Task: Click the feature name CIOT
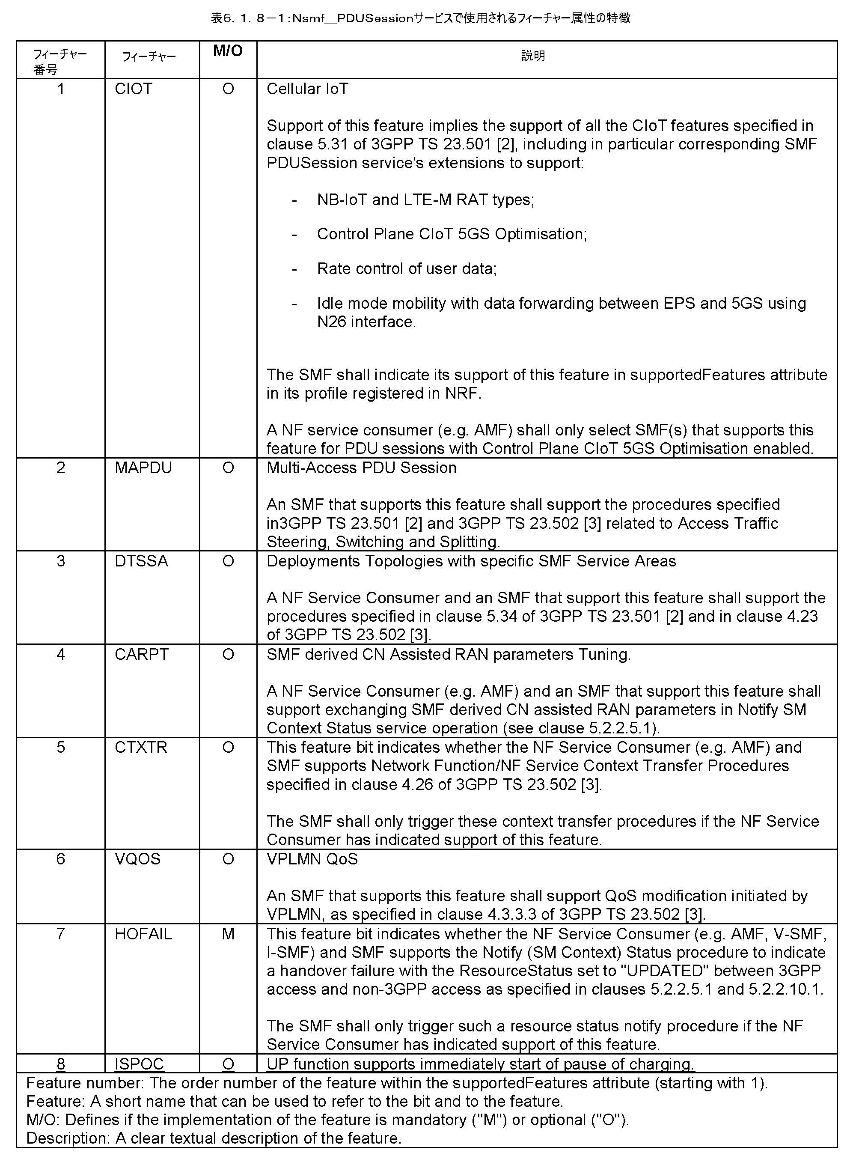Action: [133, 89]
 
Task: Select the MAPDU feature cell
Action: [143, 468]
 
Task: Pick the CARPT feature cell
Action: [142, 654]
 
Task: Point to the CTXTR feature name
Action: [140, 747]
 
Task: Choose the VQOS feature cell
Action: [137, 859]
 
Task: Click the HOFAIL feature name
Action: [143, 934]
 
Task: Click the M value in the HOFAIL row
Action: [228, 934]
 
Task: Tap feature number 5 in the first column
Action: [61, 747]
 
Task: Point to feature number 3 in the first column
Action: [61, 561]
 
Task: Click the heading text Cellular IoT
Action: [307, 89]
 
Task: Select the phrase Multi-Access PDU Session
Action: [361, 468]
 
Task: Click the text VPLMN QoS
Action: [312, 859]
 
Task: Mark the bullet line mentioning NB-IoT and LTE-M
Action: [425, 200]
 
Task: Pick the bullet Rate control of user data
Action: [406, 268]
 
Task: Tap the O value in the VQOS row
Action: [228, 859]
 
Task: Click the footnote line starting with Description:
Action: [214, 1138]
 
